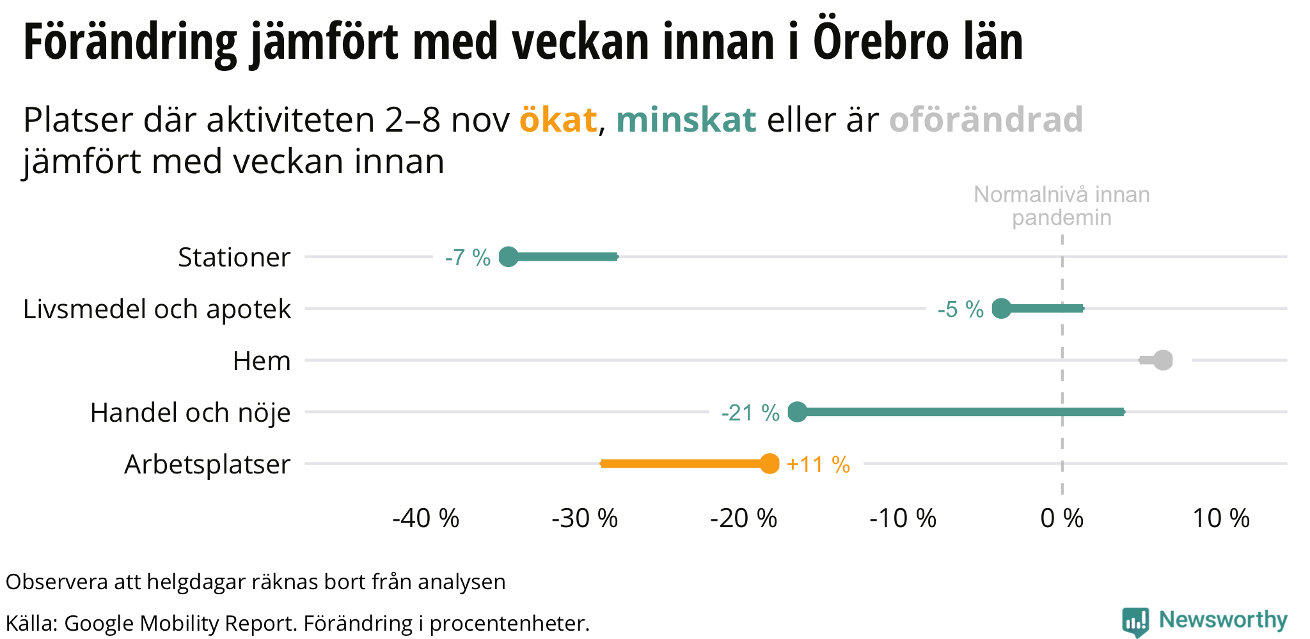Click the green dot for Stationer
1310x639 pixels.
tap(508, 257)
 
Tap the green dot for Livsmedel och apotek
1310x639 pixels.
tap(1001, 309)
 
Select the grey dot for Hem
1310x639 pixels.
tap(1163, 360)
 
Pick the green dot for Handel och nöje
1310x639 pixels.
tap(797, 412)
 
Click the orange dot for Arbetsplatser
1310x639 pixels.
tap(769, 464)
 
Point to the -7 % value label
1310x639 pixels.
tap(468, 258)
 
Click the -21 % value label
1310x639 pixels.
tap(750, 413)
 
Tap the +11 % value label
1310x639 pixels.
tap(818, 465)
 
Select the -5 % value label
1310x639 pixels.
tap(960, 309)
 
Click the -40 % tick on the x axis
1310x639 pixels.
tap(426, 518)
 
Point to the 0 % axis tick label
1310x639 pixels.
tap(1062, 518)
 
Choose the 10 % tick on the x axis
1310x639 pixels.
tap(1221, 518)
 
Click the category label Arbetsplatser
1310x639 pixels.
tap(207, 465)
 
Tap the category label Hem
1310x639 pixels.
tap(262, 361)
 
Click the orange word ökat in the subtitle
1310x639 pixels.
tap(558, 119)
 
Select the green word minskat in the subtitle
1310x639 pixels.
tap(686, 119)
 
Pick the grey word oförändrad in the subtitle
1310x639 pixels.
tap(986, 119)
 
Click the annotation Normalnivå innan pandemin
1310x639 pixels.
tap(1062, 206)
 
